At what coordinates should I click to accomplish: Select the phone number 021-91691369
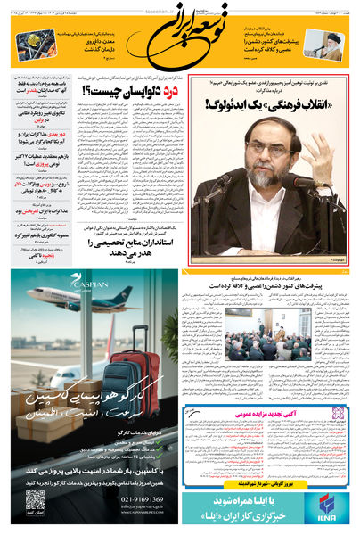click(x=139, y=498)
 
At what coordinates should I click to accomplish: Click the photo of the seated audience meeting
click(x=267, y=335)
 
